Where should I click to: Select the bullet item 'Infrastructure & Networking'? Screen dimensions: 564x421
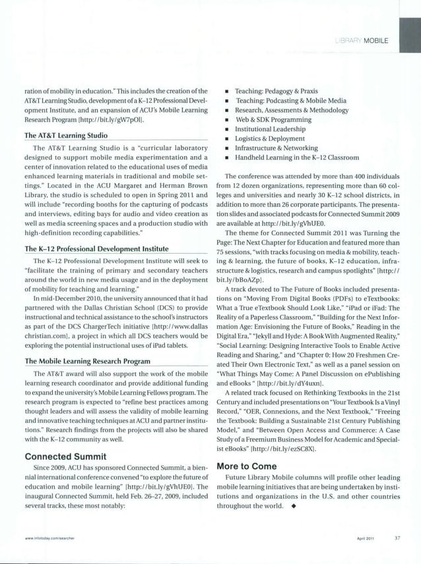point(277,148)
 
